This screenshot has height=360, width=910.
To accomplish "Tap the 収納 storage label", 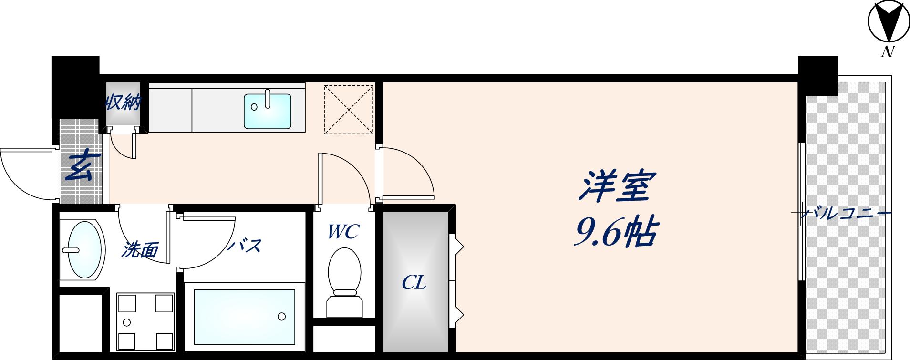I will [123, 102].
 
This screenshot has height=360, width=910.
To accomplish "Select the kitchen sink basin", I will [267, 111].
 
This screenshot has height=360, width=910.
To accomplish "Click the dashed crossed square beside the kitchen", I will [349, 109].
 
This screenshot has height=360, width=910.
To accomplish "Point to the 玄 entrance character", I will [83, 166].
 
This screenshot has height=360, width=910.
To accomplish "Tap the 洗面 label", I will [139, 249].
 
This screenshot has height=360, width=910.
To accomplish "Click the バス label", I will [245, 246].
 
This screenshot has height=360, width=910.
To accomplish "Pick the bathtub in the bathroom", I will [244, 317].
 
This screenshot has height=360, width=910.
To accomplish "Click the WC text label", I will [343, 232].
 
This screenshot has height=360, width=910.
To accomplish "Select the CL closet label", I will [414, 283].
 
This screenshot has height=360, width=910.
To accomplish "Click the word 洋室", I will [615, 186].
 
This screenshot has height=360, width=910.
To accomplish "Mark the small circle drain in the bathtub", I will [281, 316].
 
